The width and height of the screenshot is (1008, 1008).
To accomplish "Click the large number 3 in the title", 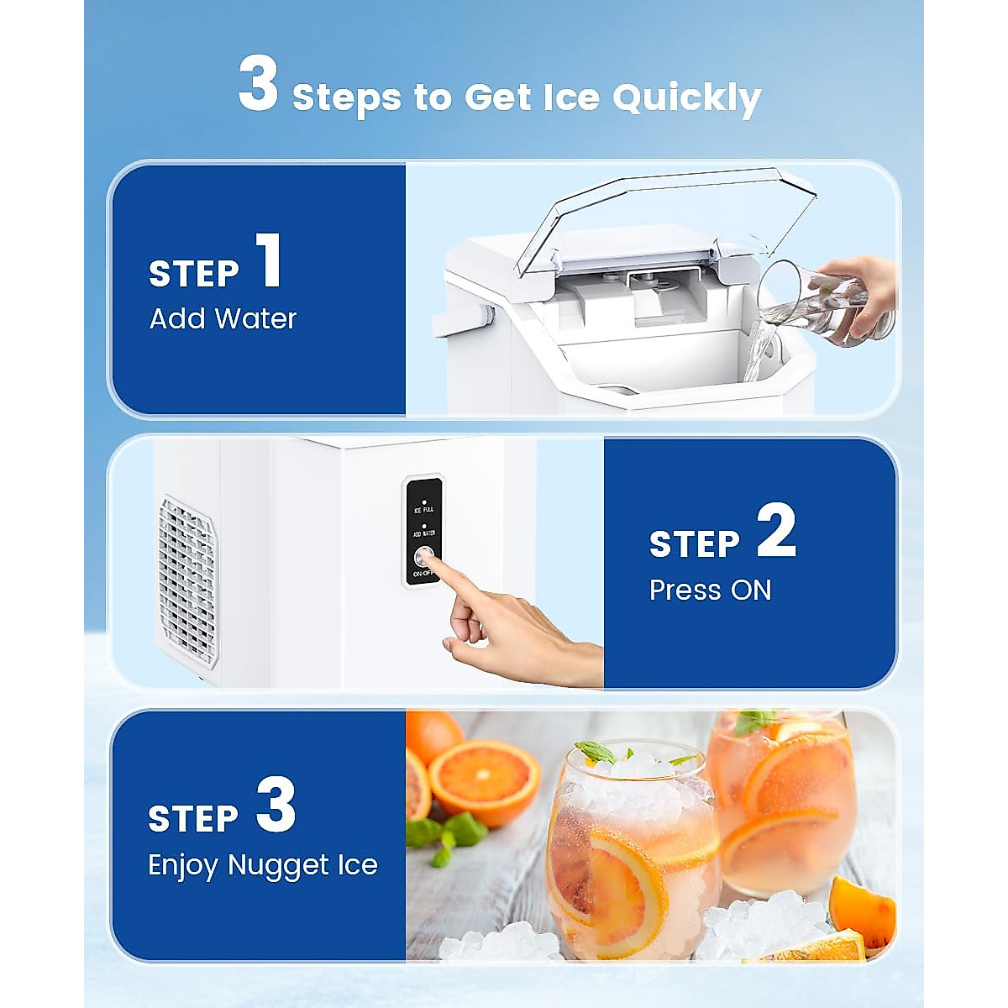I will (x=258, y=84).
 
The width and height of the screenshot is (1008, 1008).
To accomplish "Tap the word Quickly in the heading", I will (x=685, y=98).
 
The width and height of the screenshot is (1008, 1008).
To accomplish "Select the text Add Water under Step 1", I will (x=223, y=319).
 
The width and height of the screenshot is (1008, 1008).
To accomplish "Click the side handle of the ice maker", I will (x=460, y=322).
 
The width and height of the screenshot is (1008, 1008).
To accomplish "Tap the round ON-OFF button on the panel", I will (x=424, y=556).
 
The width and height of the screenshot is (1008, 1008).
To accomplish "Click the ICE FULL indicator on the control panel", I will (x=424, y=507).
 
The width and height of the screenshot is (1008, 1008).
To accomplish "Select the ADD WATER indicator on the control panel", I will (x=424, y=531).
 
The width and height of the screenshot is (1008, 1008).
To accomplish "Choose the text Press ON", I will (x=710, y=591).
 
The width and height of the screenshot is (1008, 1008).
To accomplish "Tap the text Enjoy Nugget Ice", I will (x=262, y=865).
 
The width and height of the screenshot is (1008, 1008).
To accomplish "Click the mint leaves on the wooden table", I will (x=445, y=836).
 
